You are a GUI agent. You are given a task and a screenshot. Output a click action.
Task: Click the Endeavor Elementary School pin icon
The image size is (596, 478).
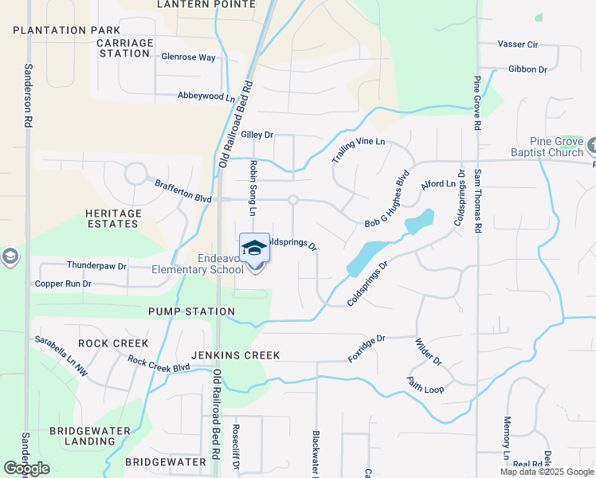(254, 249)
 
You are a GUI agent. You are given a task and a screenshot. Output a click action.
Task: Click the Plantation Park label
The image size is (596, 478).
(66, 30)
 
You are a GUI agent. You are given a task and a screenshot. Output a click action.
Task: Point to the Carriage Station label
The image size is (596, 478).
(124, 48)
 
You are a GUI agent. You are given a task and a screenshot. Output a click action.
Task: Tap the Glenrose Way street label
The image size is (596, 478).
(188, 57)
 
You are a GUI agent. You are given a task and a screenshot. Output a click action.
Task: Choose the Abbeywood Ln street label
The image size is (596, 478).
(206, 98)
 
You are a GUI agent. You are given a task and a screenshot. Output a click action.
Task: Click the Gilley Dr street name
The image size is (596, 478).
(257, 135)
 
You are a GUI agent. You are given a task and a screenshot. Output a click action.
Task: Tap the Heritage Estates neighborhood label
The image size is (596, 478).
(112, 218)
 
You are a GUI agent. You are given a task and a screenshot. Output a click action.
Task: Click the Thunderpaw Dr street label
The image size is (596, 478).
(97, 266)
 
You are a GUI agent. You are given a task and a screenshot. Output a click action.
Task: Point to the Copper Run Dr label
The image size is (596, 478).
(63, 284)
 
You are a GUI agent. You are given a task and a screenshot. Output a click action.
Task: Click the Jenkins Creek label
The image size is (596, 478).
(235, 355)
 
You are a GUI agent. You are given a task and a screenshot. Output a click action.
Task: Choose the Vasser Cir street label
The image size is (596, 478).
(518, 44)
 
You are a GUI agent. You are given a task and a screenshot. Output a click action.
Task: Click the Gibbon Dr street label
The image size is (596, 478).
(527, 69)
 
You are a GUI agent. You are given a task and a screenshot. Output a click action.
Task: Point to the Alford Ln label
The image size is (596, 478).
(437, 183)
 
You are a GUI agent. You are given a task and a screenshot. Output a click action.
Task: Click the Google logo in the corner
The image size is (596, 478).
(26, 468)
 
